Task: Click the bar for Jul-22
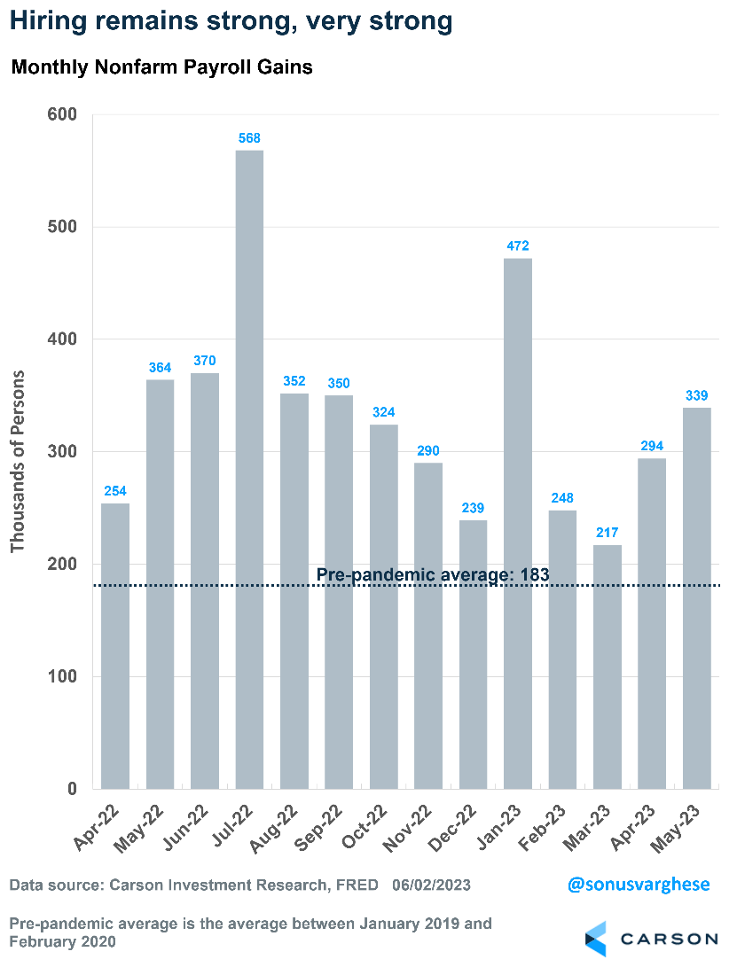coord(249,470)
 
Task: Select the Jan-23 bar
coord(518,523)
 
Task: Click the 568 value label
coord(249,138)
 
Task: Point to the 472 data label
coord(518,246)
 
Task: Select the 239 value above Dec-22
coord(473,508)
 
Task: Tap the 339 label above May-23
coord(696,395)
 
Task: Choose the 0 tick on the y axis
coord(72,789)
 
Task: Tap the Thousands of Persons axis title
coord(18,461)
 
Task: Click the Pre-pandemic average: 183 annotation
coord(433,574)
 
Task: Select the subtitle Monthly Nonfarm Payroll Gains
coord(161,67)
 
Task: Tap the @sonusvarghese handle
coord(639,885)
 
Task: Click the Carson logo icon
coord(595,939)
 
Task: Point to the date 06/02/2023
coord(431,885)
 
